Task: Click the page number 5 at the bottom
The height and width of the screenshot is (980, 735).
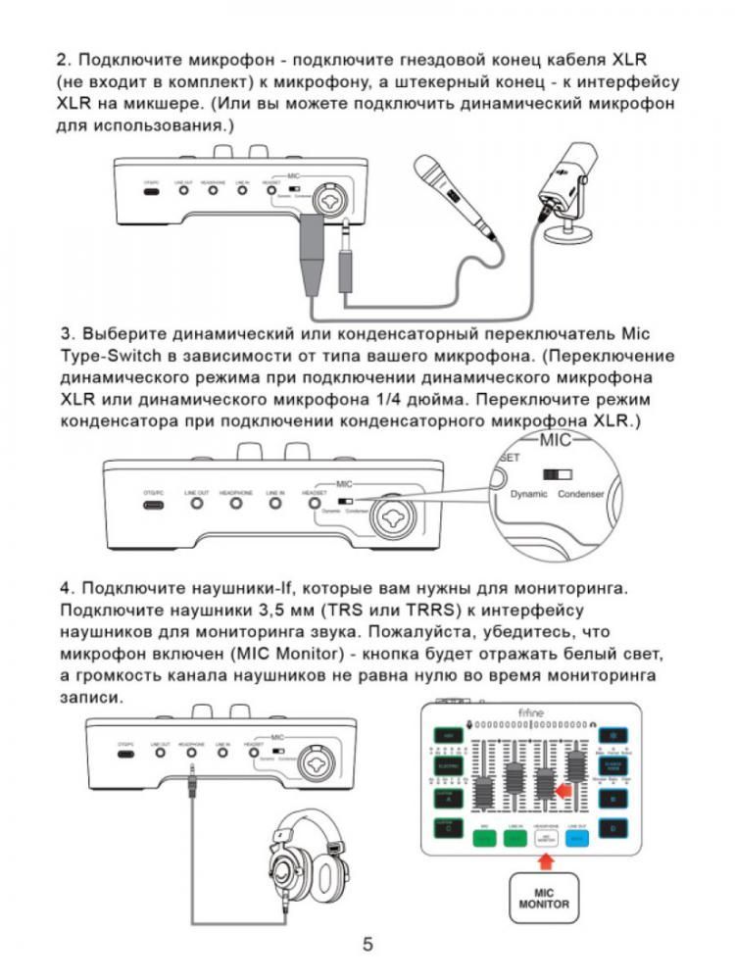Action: coord(367,946)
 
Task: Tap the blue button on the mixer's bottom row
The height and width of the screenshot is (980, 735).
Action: coord(579,835)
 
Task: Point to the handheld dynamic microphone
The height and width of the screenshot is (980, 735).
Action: coord(454,201)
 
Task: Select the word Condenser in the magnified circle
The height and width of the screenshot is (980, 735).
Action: coord(582,494)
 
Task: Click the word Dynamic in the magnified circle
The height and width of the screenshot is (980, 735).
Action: coord(530,494)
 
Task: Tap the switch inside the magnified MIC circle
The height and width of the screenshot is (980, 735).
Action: coord(558,473)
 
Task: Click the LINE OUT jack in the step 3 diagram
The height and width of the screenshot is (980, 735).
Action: coord(197,504)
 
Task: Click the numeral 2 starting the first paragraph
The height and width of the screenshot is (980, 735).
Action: coord(61,61)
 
